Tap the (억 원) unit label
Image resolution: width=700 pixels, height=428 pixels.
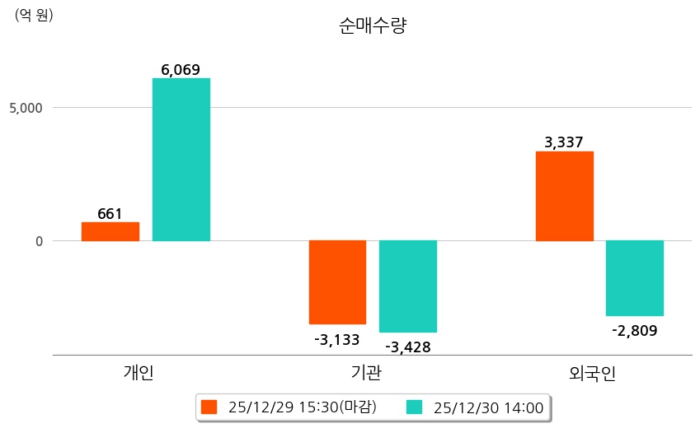tap(34, 14)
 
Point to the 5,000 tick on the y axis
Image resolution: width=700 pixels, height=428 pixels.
tap(26, 108)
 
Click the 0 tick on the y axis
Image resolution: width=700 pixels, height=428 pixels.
tap(38, 241)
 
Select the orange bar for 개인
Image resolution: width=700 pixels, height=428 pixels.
tap(110, 231)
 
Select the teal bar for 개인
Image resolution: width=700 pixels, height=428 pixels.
tap(181, 160)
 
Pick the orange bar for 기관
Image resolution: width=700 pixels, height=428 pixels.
tap(337, 282)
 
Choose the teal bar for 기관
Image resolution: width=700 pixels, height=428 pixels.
tap(408, 286)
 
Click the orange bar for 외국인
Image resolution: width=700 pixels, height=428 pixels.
tap(565, 196)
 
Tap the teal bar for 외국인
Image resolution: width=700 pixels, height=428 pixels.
tap(635, 278)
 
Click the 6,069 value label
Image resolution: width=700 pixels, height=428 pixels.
tap(181, 70)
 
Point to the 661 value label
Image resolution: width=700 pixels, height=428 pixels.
tap(110, 214)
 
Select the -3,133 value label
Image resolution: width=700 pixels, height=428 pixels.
tap(336, 339)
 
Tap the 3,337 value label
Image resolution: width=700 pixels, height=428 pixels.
tap(564, 143)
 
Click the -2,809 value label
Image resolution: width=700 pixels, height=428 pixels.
tap(634, 331)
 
